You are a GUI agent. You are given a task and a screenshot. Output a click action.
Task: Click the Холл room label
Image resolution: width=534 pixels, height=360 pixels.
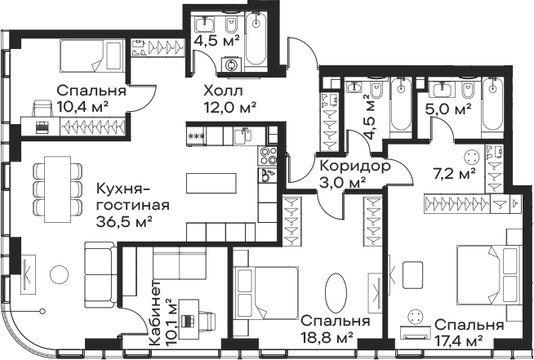(x=224, y=91)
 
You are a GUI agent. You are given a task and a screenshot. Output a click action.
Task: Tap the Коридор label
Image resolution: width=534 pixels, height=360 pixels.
(x=355, y=167)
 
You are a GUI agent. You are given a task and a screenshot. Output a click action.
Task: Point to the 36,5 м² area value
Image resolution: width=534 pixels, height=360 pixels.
(x=124, y=222)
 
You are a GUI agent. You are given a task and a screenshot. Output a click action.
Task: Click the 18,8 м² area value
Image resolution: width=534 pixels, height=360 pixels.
(x=327, y=338)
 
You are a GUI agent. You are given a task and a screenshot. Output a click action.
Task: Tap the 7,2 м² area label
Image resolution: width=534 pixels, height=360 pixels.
(x=455, y=175)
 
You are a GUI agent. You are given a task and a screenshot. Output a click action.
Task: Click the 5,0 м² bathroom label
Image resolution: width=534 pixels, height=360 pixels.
(x=448, y=109)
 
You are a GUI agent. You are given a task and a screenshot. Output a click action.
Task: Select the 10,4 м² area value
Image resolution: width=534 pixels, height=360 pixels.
(x=82, y=107)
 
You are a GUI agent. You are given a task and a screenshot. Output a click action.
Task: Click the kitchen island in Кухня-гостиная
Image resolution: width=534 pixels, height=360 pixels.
(x=211, y=183)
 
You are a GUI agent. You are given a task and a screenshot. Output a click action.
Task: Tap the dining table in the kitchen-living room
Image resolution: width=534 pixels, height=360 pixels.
(x=58, y=189)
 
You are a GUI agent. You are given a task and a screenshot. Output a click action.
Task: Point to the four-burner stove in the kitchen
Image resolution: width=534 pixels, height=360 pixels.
(x=267, y=156)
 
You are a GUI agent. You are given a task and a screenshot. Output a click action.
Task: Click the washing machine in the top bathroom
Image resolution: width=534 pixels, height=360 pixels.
(x=231, y=64)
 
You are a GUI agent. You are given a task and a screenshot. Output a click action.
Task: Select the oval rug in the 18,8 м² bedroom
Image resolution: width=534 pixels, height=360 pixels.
(x=336, y=293)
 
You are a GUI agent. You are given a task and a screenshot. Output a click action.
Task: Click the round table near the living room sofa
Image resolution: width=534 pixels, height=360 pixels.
(x=60, y=275)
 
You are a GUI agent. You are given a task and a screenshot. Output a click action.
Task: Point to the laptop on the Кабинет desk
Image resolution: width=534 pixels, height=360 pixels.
(x=188, y=320)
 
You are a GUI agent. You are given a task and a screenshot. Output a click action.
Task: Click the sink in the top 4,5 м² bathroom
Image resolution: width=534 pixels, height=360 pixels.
(x=205, y=23)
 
